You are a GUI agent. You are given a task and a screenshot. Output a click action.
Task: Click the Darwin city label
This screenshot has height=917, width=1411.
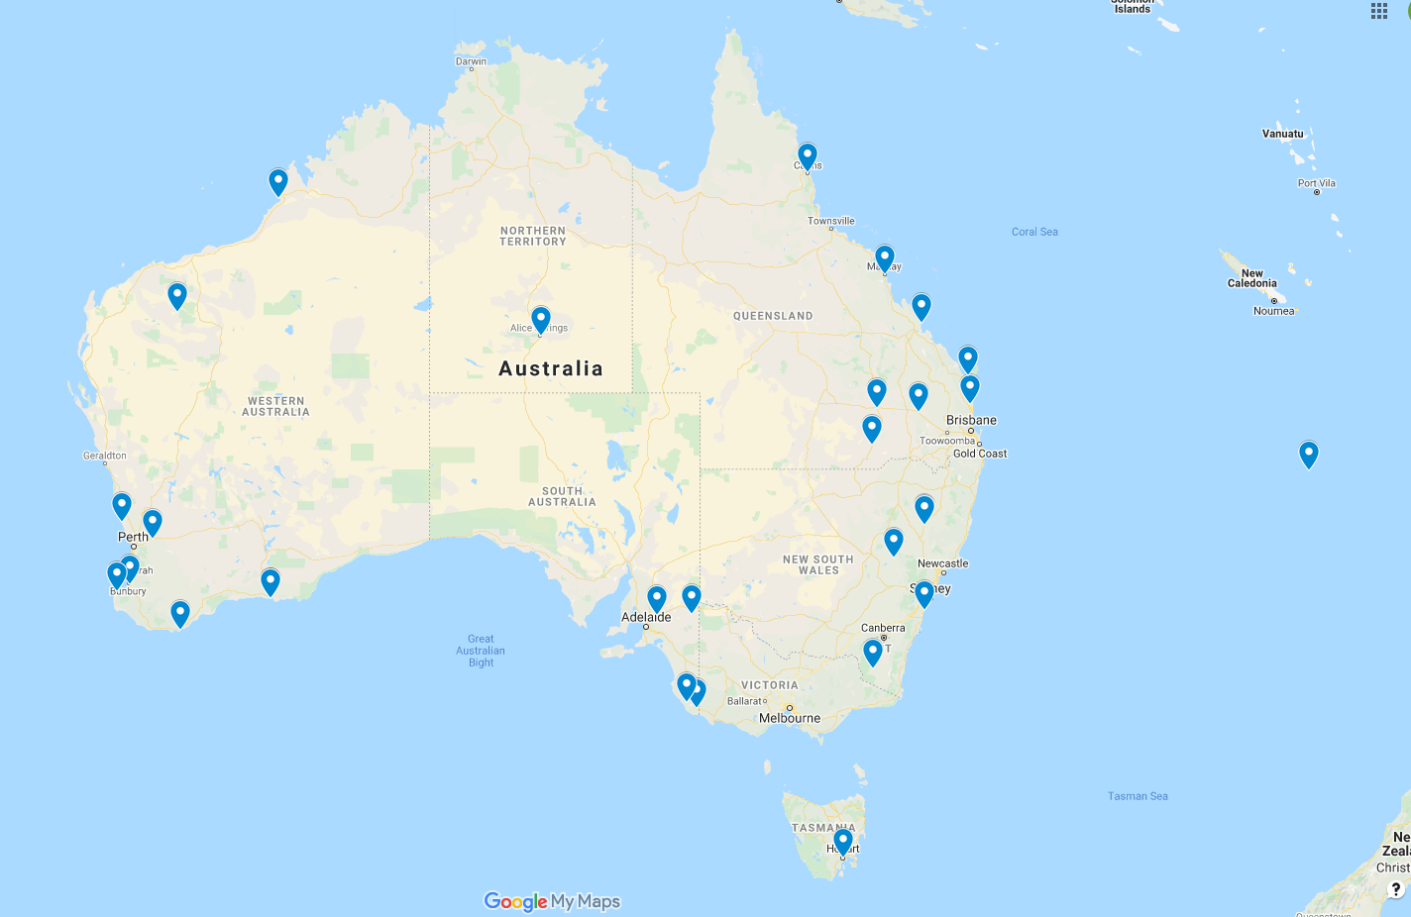pos(471,61)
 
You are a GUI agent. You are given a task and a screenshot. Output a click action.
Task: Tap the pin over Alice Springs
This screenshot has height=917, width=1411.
pos(541,319)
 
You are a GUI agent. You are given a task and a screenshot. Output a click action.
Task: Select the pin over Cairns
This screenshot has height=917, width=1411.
pos(808,155)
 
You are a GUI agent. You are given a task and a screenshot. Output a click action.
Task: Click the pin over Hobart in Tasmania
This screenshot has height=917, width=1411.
pos(843,841)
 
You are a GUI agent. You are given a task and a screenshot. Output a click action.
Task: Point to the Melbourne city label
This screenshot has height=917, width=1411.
pos(790,718)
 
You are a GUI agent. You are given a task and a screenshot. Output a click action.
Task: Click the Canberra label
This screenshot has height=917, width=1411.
pos(883,628)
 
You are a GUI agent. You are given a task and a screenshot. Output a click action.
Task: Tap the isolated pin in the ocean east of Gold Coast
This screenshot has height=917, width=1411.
pos(1309,454)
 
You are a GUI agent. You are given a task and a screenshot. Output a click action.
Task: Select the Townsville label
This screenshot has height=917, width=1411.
pos(830,221)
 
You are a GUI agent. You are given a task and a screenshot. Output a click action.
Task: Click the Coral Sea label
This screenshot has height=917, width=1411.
pos(1034,232)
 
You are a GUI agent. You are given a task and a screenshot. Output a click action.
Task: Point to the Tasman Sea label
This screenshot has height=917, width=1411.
pos(1138,796)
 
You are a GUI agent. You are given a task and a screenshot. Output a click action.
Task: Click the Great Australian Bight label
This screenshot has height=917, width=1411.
pos(481,651)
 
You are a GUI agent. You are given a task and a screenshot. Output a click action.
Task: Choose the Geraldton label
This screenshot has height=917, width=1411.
pos(105,456)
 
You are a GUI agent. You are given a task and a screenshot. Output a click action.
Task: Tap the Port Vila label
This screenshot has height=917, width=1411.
pos(1316,183)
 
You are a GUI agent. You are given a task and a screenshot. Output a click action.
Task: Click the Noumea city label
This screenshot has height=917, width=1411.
pos(1273,311)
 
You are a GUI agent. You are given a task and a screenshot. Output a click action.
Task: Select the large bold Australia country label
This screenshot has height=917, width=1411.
pos(551,368)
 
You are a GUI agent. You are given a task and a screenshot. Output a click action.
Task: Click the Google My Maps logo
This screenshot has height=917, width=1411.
pos(552,901)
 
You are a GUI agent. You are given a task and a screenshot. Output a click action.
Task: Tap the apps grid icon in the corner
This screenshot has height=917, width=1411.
pos(1379,11)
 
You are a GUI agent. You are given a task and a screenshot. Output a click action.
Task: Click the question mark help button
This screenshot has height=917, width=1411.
pos(1396,888)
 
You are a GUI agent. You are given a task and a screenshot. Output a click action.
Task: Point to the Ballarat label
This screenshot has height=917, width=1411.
pos(744,701)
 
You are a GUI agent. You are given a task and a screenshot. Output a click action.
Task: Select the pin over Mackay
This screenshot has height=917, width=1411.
pos(885,257)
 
